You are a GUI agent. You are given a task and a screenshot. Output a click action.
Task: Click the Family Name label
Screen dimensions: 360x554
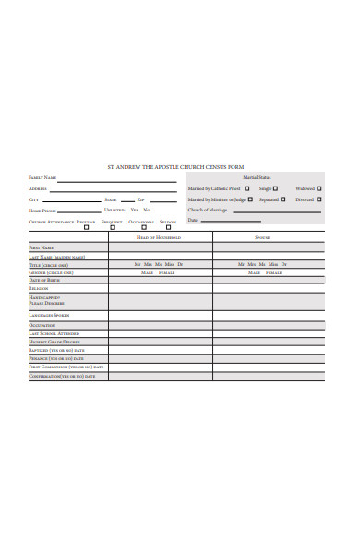tap(42, 177)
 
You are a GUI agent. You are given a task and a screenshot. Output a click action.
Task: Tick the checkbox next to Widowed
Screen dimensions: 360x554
tap(319, 188)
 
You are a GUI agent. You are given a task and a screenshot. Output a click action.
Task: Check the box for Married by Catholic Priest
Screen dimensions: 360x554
tap(246, 188)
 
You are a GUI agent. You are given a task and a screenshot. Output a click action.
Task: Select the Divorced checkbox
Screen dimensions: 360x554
tap(319, 199)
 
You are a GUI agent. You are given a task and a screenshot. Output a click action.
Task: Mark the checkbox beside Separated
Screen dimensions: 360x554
tap(283, 199)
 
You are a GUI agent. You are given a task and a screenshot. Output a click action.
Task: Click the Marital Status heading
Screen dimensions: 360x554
tap(257, 177)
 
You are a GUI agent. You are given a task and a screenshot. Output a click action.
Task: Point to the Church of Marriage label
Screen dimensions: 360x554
tap(208, 210)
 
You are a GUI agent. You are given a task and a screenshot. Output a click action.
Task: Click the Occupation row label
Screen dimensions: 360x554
tap(42, 325)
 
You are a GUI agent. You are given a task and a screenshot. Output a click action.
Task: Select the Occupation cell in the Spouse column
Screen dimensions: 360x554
tap(268, 325)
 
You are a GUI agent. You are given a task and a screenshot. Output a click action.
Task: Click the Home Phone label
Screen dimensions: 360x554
tap(42, 211)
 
